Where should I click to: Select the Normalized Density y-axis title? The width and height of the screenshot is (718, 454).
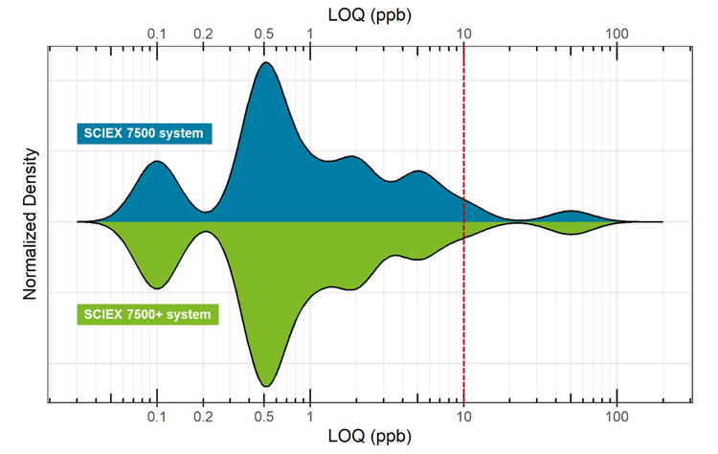tap(31, 223)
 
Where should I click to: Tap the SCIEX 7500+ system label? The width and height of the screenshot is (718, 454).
tap(146, 313)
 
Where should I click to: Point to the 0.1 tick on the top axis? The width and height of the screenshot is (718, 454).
tap(157, 34)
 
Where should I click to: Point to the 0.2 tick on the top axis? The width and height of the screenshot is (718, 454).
tap(203, 34)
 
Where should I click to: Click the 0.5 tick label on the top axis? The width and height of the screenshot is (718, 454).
tap(265, 34)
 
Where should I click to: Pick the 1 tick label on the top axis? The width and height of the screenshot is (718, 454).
tap(310, 34)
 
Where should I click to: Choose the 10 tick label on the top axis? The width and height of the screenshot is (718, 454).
tap(463, 34)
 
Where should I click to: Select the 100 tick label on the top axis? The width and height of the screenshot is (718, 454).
tap(617, 34)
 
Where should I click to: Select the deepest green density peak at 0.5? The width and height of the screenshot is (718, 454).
tap(265, 381)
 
